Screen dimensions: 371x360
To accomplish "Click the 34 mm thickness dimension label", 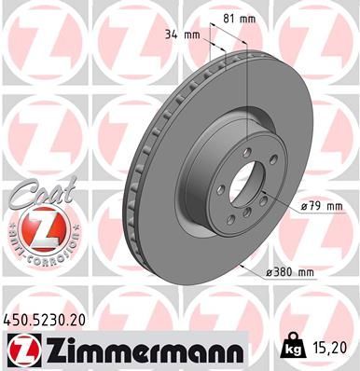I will click(x=185, y=35).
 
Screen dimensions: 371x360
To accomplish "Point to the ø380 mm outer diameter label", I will click(x=289, y=270).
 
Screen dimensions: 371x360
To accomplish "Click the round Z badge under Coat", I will click(x=40, y=234).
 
